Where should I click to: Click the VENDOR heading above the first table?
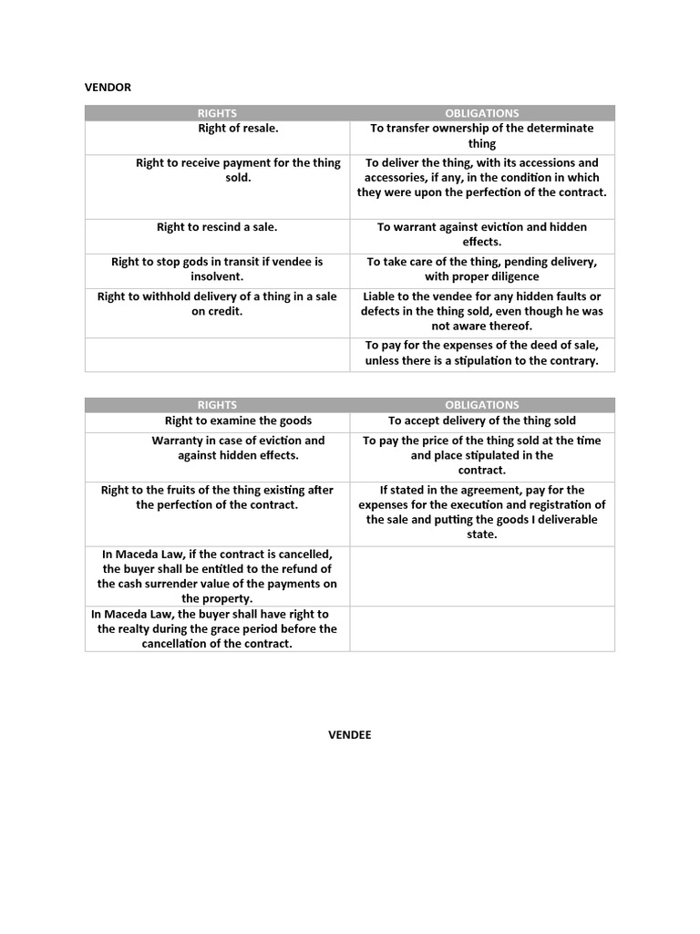coord(108,88)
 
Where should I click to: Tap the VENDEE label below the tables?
coord(350,735)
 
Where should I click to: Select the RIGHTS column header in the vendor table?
coord(217,113)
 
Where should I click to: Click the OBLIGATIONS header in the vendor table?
coord(481,113)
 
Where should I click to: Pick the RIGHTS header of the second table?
coord(217,405)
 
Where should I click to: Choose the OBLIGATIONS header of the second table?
coord(481,405)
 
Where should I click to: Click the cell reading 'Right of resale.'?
coord(238,129)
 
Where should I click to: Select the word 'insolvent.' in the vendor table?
coord(217,276)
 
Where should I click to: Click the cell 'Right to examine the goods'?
coord(238,420)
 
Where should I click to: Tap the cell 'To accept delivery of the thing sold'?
coord(481,420)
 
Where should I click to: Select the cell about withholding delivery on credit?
coord(217,304)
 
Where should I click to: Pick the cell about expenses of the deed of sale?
coord(481,353)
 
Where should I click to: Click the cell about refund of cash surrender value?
coord(217,576)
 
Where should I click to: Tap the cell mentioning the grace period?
coord(217,628)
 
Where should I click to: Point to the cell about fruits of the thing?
coord(217,497)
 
